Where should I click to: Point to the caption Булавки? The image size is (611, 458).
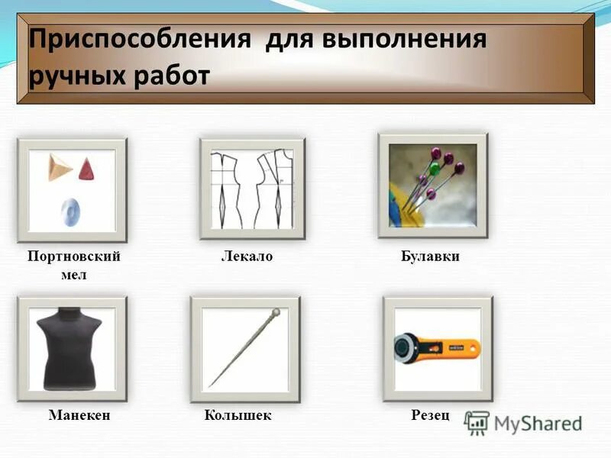430,257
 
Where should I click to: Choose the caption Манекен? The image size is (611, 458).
79,416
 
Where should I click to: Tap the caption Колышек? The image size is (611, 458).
238,416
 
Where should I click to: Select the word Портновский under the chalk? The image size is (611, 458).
73,257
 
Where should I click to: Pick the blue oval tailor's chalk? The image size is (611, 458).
70,209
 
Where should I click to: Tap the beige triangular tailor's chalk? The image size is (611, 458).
57,166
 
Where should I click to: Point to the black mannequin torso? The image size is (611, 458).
73,347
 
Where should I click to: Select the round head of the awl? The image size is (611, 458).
276,312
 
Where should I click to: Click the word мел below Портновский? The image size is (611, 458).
73,275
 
